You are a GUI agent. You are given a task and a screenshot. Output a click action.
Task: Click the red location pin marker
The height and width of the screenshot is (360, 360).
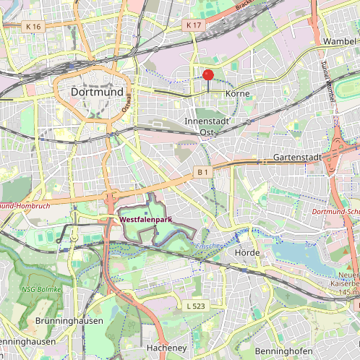pos(208,75)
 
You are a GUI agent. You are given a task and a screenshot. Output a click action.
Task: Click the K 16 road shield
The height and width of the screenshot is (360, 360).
pos(33,26)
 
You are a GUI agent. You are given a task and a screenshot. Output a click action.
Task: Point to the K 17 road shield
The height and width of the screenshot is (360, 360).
pos(193,25)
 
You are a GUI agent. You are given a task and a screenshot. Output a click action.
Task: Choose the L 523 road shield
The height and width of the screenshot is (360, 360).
pos(194,307)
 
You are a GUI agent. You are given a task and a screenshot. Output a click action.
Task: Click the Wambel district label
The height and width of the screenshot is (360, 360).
pos(340,41)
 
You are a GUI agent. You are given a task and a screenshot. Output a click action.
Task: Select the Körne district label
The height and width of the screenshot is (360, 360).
pos(237,94)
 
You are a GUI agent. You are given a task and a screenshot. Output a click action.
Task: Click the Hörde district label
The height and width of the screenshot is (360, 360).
pos(247,253)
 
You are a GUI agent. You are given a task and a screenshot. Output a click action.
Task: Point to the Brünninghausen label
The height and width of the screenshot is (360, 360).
pos(69,320)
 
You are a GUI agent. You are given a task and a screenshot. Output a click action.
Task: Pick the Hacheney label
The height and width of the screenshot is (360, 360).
pos(166,348)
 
